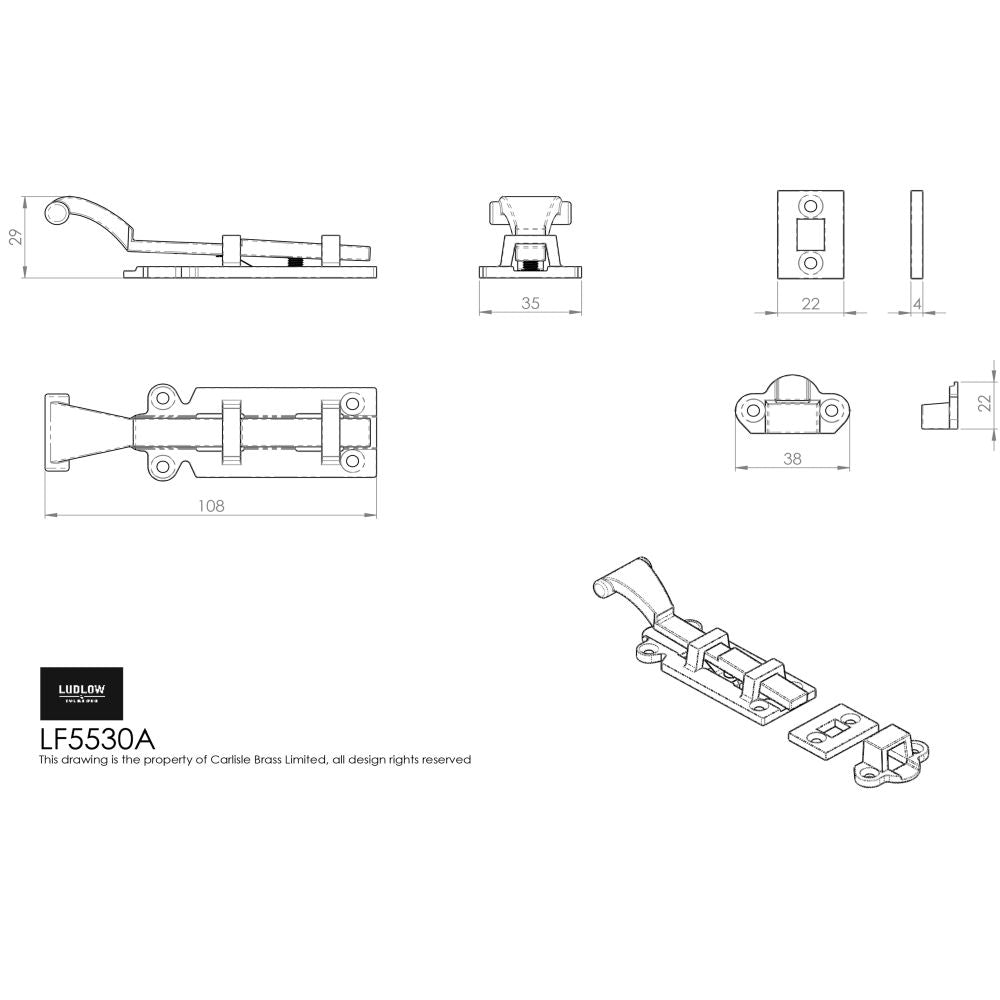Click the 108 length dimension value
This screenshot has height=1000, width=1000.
pos(211,505)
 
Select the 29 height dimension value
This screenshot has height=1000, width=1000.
pos(14,237)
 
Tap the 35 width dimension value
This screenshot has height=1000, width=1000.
pos(530,303)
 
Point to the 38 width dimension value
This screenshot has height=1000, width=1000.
pos(792,459)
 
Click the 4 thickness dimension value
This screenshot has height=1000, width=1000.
pos(918,304)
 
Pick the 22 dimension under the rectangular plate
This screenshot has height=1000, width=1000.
pos(810,304)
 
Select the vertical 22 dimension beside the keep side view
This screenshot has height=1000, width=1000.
pos(984,402)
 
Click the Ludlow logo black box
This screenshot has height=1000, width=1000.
pos(81,693)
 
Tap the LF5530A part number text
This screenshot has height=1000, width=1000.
pos(97,739)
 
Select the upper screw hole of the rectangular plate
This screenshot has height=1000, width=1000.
pos(811,205)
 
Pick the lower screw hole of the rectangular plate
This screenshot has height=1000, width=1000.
pos(811,263)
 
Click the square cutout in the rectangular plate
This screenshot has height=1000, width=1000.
pos(811,234)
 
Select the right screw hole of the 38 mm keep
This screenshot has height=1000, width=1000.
pos(832,408)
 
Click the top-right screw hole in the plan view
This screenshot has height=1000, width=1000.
pos(351,403)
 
